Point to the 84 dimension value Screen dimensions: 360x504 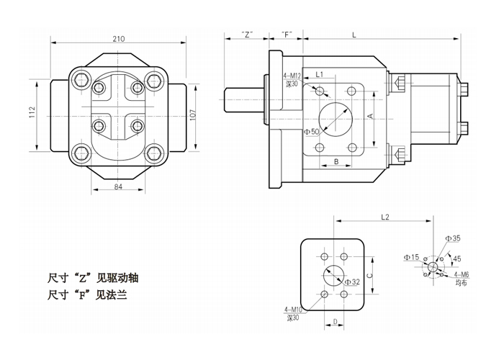119,188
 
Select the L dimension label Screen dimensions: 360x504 354,34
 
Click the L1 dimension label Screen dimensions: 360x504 320,73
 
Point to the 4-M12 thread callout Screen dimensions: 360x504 292,76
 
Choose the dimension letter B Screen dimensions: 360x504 336,161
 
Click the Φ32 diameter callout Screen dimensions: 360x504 351,282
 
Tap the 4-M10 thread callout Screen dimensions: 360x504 293,310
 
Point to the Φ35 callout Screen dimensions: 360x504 453,238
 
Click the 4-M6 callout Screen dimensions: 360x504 462,275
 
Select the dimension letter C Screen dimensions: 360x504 369,274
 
